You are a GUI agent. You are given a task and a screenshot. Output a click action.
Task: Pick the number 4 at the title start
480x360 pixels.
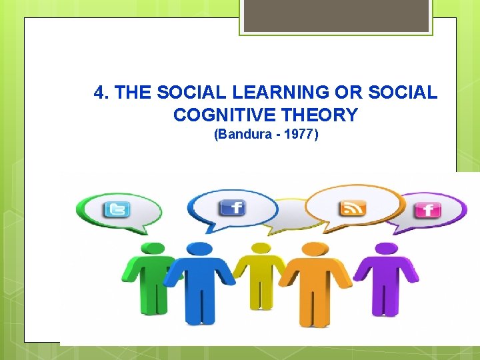point(99,92)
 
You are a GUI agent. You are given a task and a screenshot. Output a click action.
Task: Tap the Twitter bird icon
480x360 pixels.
point(116,210)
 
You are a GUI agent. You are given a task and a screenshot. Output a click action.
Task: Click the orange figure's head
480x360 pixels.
point(311,250)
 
